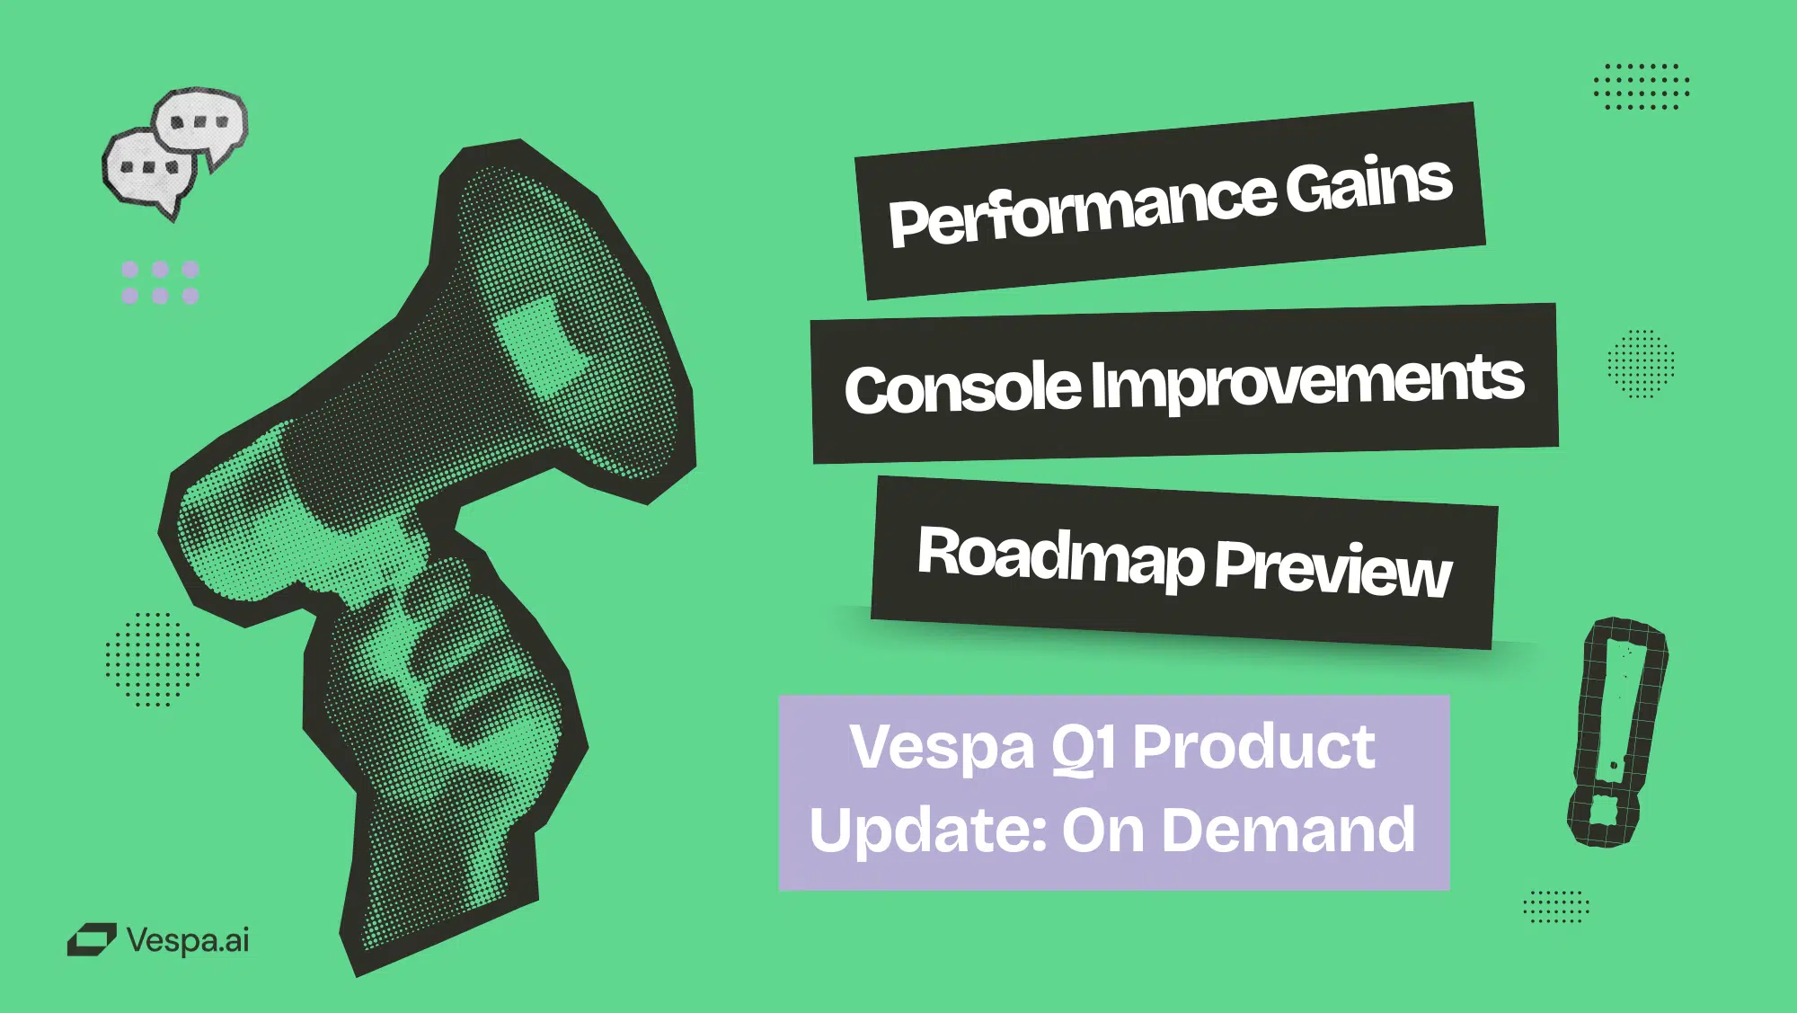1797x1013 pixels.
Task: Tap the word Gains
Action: point(1368,183)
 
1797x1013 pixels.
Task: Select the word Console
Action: point(962,389)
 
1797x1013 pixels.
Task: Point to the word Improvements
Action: point(1308,382)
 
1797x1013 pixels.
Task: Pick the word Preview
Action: point(1333,568)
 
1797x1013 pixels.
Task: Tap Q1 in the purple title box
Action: point(1084,749)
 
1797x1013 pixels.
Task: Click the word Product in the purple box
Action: point(1253,746)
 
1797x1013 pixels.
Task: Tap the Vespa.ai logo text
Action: point(188,940)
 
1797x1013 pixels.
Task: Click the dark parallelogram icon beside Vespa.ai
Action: point(92,940)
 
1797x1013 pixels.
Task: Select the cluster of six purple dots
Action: point(160,282)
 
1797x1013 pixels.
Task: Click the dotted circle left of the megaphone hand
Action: point(152,660)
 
